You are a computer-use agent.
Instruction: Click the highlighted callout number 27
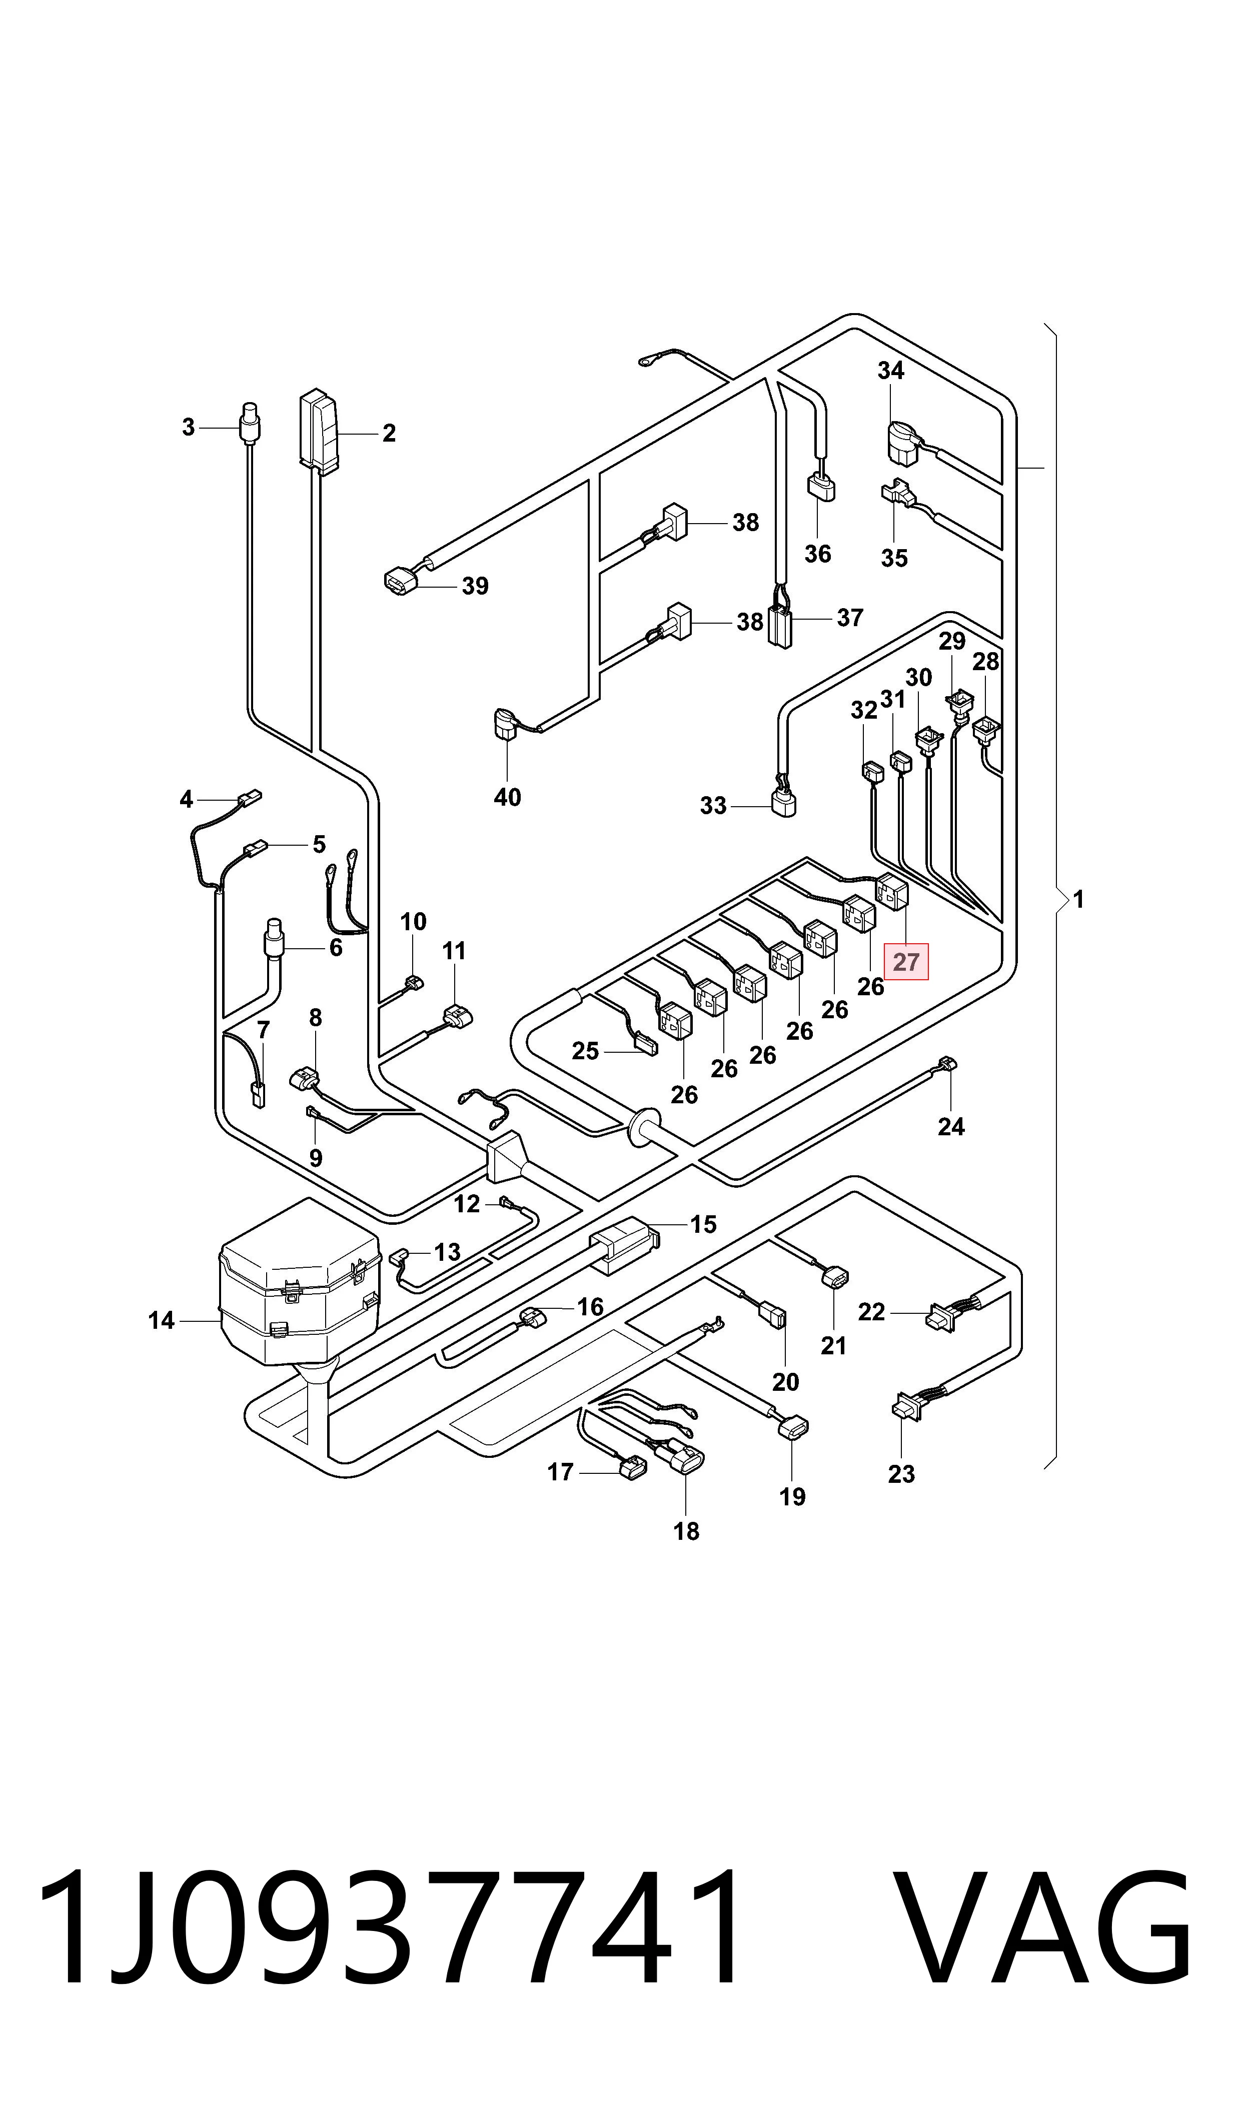click(x=906, y=962)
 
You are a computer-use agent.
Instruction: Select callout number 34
click(x=891, y=371)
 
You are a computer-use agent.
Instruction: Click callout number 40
click(x=508, y=797)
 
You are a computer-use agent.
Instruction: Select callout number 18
click(x=687, y=1531)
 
